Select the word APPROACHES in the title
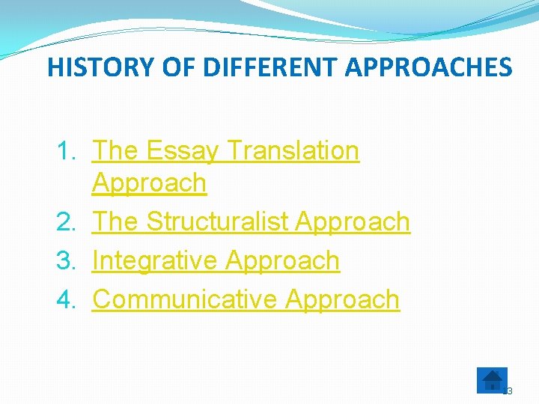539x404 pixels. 428,67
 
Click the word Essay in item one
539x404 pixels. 182,151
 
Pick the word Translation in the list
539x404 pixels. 293,151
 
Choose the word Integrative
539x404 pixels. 155,260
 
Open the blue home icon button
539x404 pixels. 492,379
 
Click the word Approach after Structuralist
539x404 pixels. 353,221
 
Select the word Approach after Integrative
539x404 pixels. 282,260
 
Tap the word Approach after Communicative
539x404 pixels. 343,299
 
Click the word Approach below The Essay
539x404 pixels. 149,183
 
